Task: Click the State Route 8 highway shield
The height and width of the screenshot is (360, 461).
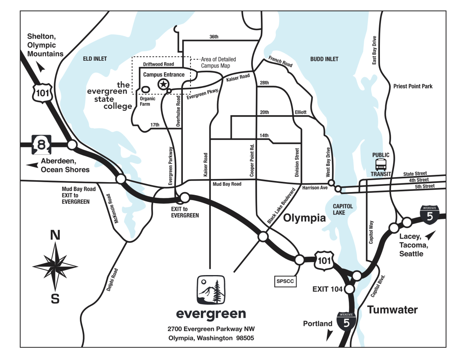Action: [x=40, y=145]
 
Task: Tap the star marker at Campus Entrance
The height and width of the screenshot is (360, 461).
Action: [x=164, y=84]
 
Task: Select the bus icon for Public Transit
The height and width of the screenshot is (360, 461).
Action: [x=381, y=165]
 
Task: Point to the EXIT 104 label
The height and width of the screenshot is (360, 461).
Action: [x=327, y=289]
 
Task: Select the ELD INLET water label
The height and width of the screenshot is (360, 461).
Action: [x=95, y=59]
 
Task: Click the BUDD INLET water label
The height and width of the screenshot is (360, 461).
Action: [x=324, y=59]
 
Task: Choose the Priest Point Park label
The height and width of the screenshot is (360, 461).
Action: [x=413, y=86]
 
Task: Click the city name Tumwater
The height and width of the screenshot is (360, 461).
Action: [x=392, y=310]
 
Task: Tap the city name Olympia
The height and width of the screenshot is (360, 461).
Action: [x=304, y=219]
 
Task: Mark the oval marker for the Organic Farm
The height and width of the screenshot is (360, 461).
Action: [x=145, y=89]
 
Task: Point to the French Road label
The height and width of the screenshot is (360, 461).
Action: [x=280, y=62]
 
